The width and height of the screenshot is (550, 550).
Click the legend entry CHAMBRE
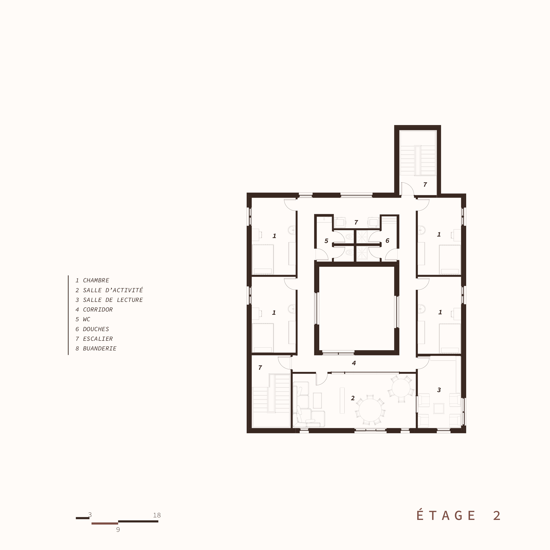coord(96,280)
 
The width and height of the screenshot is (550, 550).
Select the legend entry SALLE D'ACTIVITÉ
coord(113,290)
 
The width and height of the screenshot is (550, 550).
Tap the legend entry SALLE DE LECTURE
coord(113,300)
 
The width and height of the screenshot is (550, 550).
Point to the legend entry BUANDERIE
coord(100,348)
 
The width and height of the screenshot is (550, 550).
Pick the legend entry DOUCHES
coord(96,329)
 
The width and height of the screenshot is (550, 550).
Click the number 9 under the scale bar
coord(118,530)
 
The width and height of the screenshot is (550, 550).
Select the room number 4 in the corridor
coord(354,363)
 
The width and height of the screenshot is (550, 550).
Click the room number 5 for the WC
coord(326,241)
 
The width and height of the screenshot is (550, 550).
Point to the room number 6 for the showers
coord(387,241)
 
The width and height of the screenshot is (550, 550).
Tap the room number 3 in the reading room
coord(439,390)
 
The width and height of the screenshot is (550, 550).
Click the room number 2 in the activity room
coord(353,398)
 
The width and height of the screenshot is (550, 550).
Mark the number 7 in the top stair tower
coord(425,185)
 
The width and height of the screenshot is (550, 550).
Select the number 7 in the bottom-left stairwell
coord(260,368)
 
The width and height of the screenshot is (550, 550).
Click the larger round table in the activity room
coord(370,410)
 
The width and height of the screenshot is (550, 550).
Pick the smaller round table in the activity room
coord(401,388)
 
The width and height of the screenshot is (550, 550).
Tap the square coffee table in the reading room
coord(439,408)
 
